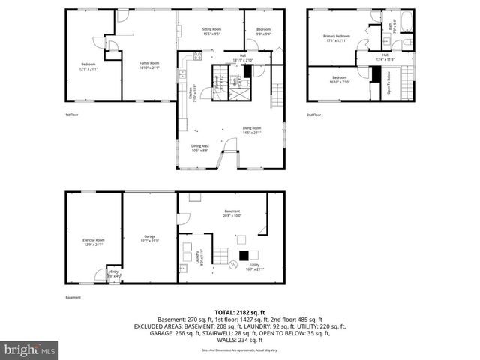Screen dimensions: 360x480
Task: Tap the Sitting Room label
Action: (x=211, y=31)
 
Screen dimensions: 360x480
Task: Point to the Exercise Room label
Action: (x=93, y=241)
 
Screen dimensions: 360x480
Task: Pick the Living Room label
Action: (x=251, y=130)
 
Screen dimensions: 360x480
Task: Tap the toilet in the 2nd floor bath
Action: (x=407, y=42)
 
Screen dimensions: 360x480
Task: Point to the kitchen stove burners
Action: (x=197, y=55)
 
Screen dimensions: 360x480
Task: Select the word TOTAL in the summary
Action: (x=226, y=313)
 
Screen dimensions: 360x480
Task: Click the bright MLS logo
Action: (x=30, y=349)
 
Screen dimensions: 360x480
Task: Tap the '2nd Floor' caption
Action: (x=314, y=115)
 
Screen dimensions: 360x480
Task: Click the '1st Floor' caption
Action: (x=71, y=115)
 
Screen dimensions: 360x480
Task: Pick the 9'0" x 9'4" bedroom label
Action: (x=263, y=31)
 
